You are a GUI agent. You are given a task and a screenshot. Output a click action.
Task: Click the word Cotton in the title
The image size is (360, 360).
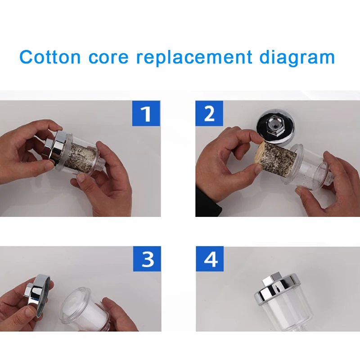(x=50, y=58)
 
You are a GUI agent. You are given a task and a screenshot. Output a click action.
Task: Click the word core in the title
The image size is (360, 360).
(x=108, y=58)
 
